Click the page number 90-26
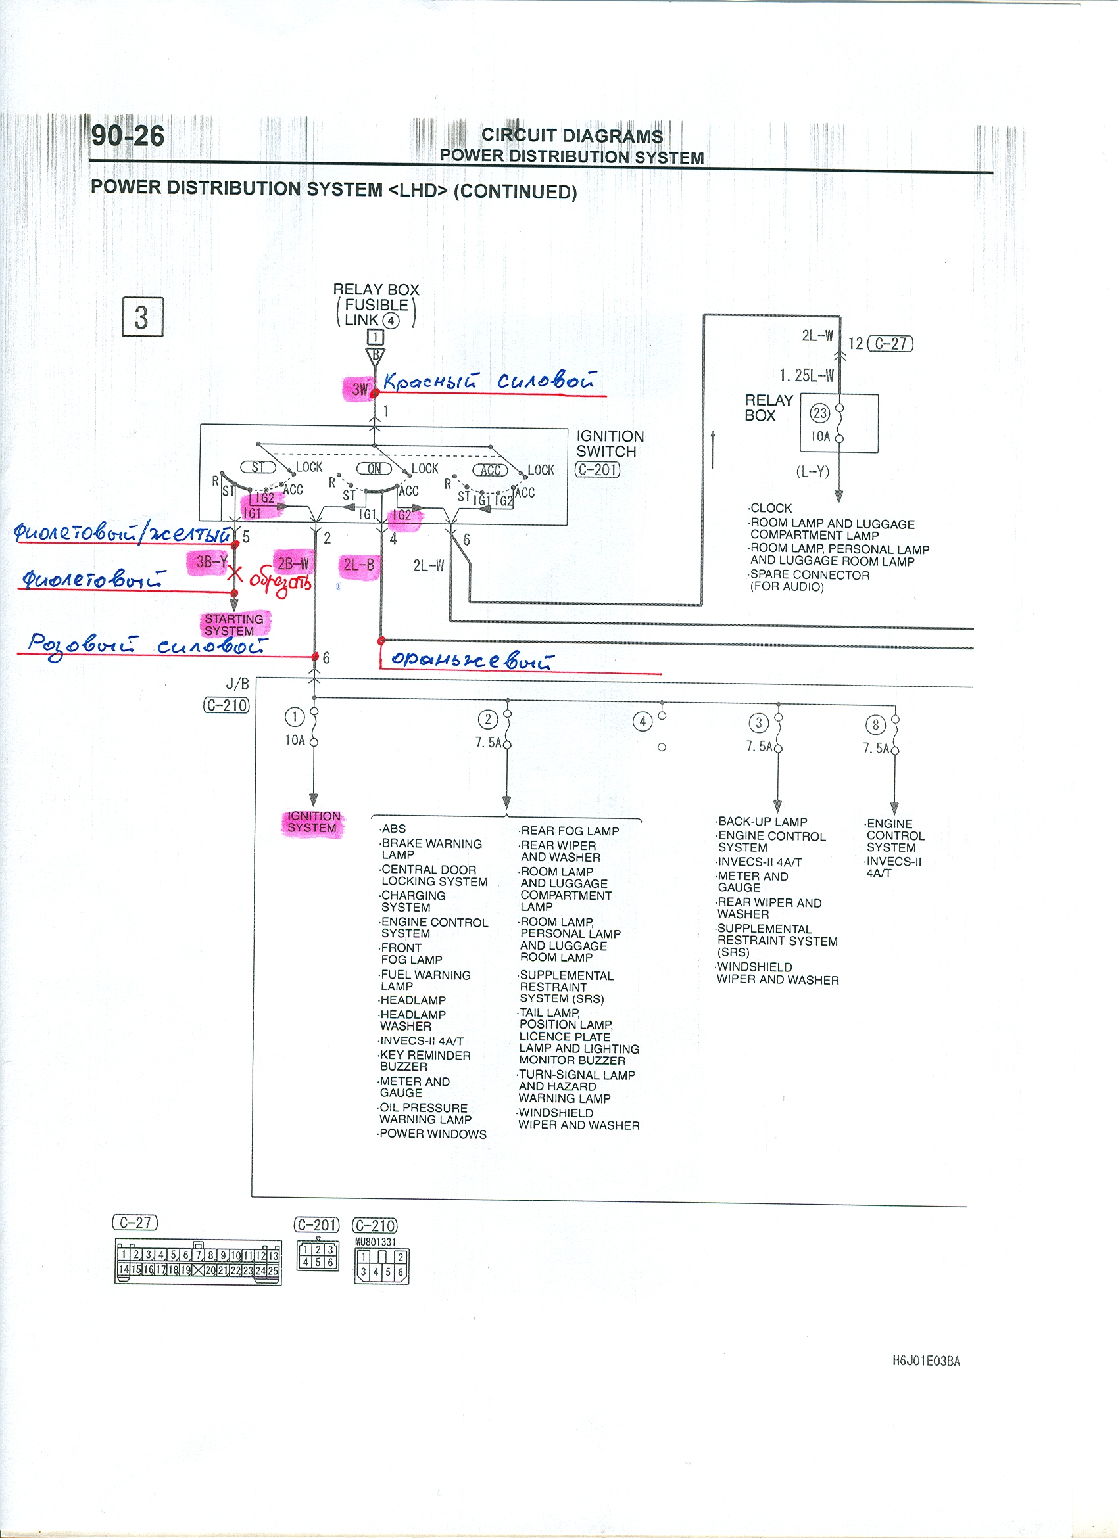(x=128, y=135)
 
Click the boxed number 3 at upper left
(x=142, y=317)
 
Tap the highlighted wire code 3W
(x=359, y=389)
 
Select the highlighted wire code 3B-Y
(x=210, y=561)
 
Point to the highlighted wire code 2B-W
(x=293, y=563)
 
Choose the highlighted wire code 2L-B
(x=359, y=565)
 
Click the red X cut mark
(x=235, y=574)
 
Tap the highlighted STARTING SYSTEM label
(x=234, y=624)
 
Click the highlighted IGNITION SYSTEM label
(x=312, y=822)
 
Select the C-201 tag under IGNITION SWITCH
(x=597, y=469)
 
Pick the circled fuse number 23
(x=819, y=413)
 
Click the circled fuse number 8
(x=875, y=725)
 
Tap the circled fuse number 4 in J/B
(x=642, y=722)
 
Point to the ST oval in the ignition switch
(x=258, y=467)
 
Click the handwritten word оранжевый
(x=472, y=659)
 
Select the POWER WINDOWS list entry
(x=433, y=1134)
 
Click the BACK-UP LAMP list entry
(x=762, y=821)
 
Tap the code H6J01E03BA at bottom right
(x=926, y=1361)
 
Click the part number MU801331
(x=375, y=1242)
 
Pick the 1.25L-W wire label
(x=806, y=375)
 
